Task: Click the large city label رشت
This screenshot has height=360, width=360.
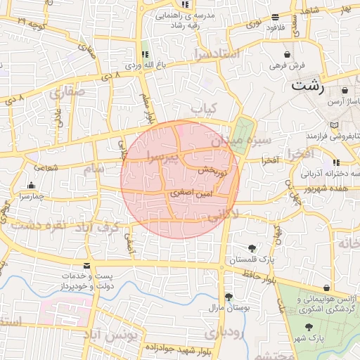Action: pos(308,87)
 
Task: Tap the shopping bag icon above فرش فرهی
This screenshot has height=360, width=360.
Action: pos(288,54)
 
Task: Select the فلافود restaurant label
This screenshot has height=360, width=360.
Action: pos(275,27)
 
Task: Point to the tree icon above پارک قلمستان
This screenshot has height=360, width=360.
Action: pos(252,248)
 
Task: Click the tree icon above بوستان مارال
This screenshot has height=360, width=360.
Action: pos(229,297)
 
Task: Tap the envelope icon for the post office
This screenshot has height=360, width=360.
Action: pos(87,266)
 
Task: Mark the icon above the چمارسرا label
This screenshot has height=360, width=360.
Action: pos(30,186)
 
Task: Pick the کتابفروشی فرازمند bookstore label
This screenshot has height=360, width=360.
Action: pos(333,134)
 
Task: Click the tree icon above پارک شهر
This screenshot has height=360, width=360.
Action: pos(309,327)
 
